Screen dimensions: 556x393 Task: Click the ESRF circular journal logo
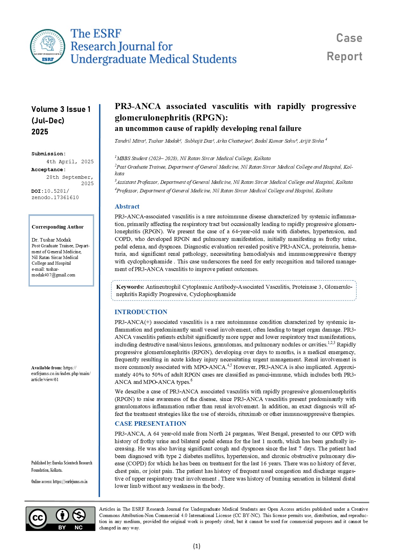pyautogui.click(x=48, y=47)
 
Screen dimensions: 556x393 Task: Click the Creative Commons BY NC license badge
pyautogui.click(x=60, y=518)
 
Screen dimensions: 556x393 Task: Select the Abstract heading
pyautogui.click(x=127, y=206)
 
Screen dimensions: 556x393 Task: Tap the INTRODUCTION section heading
pyautogui.click(x=141, y=312)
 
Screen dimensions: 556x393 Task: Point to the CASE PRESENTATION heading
pyautogui.click(x=150, y=423)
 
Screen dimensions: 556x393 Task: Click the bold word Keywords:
pyautogui.click(x=130, y=287)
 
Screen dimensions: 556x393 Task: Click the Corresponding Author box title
pyautogui.click(x=57, y=227)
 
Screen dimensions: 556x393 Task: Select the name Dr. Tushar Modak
pyautogui.click(x=51, y=240)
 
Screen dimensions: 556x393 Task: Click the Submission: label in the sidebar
pyautogui.click(x=48, y=154)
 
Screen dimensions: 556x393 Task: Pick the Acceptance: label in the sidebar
pyautogui.click(x=48, y=170)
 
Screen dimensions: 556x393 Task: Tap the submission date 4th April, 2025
pyautogui.click(x=70, y=162)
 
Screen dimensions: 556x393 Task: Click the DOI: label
pyautogui.click(x=37, y=191)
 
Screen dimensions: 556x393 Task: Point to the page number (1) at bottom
pyautogui.click(x=196, y=546)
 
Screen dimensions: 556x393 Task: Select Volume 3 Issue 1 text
pyautogui.click(x=61, y=109)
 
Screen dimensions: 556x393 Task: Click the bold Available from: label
pyautogui.click(x=47, y=368)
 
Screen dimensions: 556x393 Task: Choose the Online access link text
pyautogui.click(x=59, y=482)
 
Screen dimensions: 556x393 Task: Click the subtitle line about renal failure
pyautogui.click(x=208, y=128)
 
